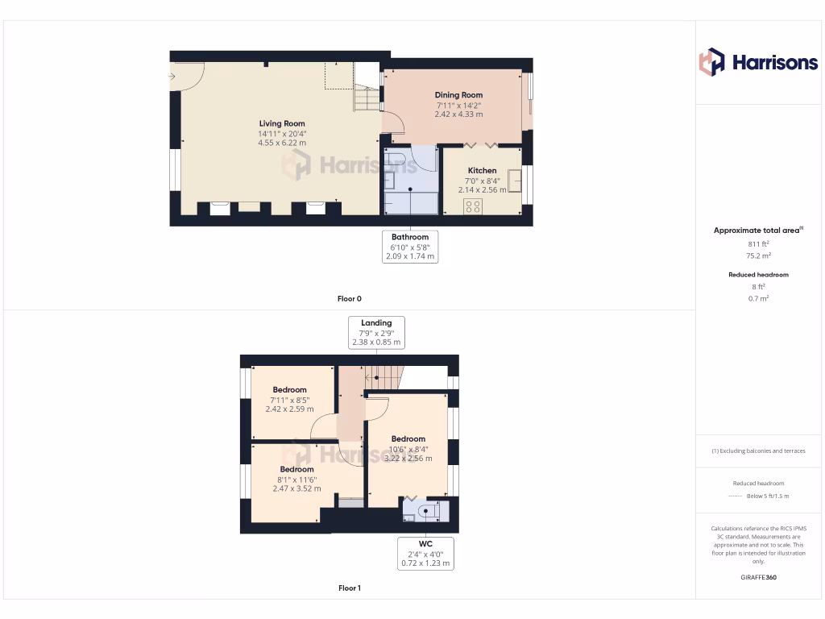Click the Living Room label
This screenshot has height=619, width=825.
282,123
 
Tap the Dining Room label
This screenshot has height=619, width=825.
458,95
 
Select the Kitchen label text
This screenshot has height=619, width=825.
482,171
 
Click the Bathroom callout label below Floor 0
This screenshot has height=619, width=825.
410,237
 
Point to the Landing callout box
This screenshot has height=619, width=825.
376,332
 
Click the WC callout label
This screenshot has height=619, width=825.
425,544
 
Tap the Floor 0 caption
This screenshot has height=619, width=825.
349,299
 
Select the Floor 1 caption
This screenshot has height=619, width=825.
349,588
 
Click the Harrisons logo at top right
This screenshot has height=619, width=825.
758,62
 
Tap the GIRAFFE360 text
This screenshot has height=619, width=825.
758,578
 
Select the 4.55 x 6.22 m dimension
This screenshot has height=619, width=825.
282,143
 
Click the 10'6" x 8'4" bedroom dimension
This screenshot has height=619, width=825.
408,449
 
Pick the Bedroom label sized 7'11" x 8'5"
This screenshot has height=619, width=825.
289,390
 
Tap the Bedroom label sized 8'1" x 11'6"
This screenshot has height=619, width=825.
296,469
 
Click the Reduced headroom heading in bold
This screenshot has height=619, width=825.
758,275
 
